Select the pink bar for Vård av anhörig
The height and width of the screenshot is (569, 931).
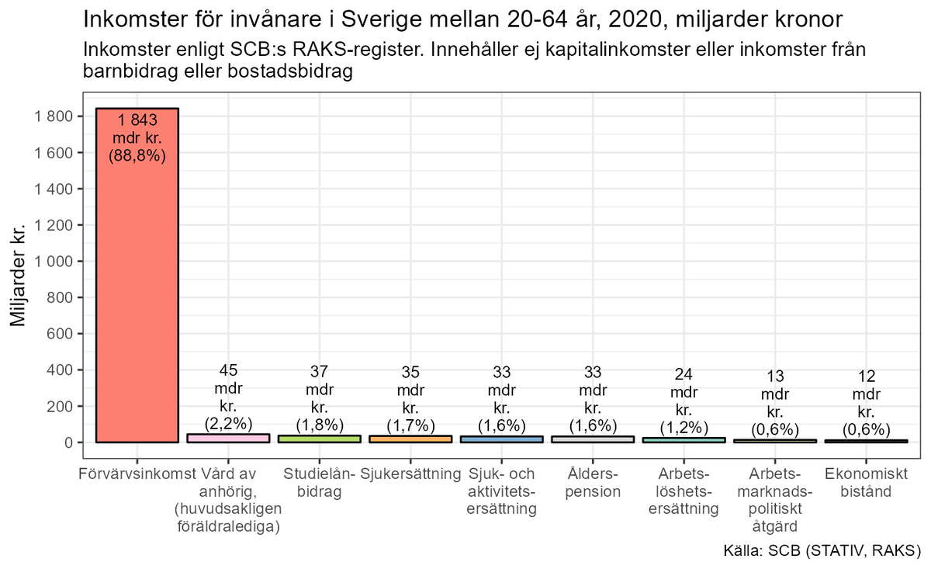coord(228,439)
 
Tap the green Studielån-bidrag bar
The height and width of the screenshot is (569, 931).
coord(320,439)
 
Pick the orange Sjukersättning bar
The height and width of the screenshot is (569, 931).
coord(410,439)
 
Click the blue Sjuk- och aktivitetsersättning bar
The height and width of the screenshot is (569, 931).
coord(502,439)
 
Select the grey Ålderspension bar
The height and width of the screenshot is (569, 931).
coord(593,439)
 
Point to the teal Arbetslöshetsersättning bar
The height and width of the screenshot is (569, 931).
coord(684,440)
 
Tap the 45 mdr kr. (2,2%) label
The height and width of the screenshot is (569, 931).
coord(228,398)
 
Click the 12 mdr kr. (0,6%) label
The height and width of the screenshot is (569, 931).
coord(867,404)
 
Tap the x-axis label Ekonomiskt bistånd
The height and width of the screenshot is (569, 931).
coord(867,482)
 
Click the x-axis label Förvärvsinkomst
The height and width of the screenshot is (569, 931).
coord(137,473)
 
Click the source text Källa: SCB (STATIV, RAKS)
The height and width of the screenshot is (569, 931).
coord(821,551)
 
